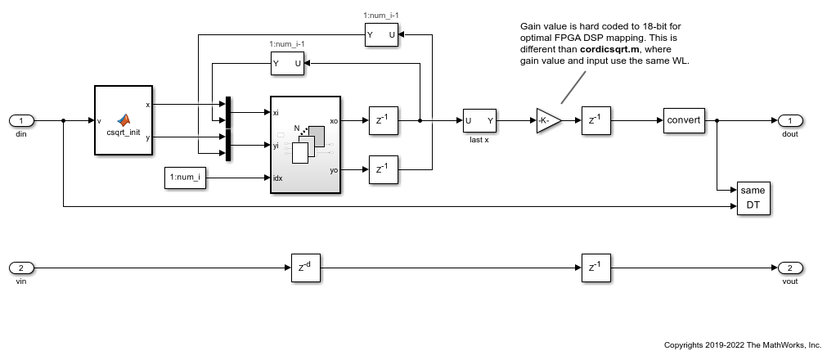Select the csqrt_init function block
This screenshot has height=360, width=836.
click(x=124, y=119)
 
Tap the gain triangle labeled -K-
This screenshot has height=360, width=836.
click(x=548, y=120)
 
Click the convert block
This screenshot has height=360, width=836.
click(x=683, y=120)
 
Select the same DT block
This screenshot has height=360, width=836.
click(x=753, y=198)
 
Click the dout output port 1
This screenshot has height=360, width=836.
click(x=789, y=120)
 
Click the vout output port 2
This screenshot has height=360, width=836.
click(x=789, y=268)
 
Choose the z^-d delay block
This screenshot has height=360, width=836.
click(x=305, y=268)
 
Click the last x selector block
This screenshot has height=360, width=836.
click(x=479, y=120)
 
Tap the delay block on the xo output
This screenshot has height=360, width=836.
click(x=382, y=120)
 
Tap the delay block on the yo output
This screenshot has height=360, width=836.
click(x=382, y=169)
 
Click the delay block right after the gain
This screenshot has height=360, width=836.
click(x=596, y=120)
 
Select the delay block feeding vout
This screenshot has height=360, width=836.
click(x=596, y=268)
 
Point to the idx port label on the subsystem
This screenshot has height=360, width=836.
click(x=279, y=178)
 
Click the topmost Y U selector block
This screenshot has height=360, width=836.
click(x=381, y=35)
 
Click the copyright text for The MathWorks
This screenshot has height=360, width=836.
click(x=743, y=344)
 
